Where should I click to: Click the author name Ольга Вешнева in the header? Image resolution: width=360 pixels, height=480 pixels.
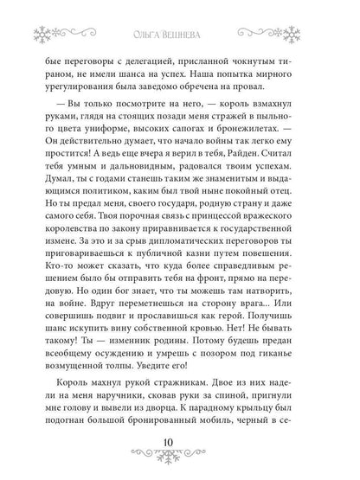(181, 14)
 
